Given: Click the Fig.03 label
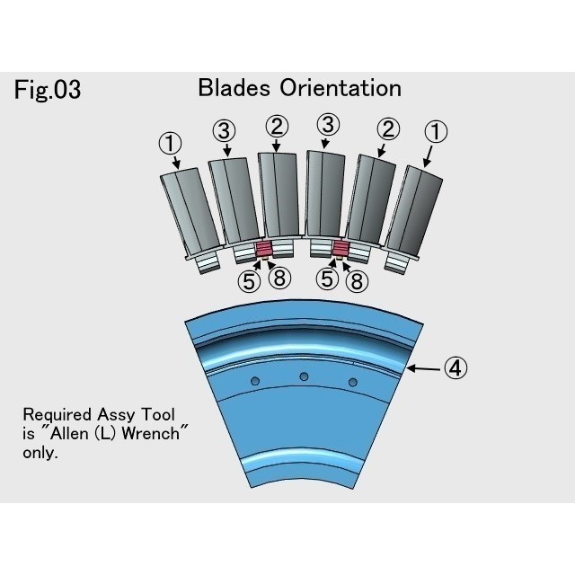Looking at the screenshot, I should coord(48,90).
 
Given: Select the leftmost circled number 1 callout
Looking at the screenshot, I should coord(170,142).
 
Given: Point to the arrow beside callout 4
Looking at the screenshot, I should coord(426,367).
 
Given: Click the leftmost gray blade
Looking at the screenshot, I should coord(188,212).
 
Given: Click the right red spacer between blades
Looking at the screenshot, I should coord(341,249).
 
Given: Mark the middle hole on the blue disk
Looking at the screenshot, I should coord(304,376).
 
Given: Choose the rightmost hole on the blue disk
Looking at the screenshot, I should coord(352,383).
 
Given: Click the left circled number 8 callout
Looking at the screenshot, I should coord(279,280).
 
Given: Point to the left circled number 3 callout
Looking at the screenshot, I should coord(224,131).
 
